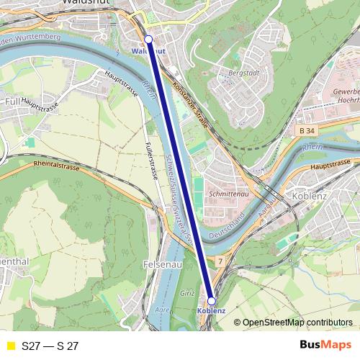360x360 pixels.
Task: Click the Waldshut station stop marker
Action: [148, 39]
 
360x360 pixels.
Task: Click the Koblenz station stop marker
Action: [211, 300]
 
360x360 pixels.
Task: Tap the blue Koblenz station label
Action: [211, 311]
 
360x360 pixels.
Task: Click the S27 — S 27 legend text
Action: [50, 346]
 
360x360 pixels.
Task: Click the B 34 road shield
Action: [307, 130]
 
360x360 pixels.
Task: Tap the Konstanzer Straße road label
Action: [191, 104]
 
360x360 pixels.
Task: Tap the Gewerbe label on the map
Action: [346, 94]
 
